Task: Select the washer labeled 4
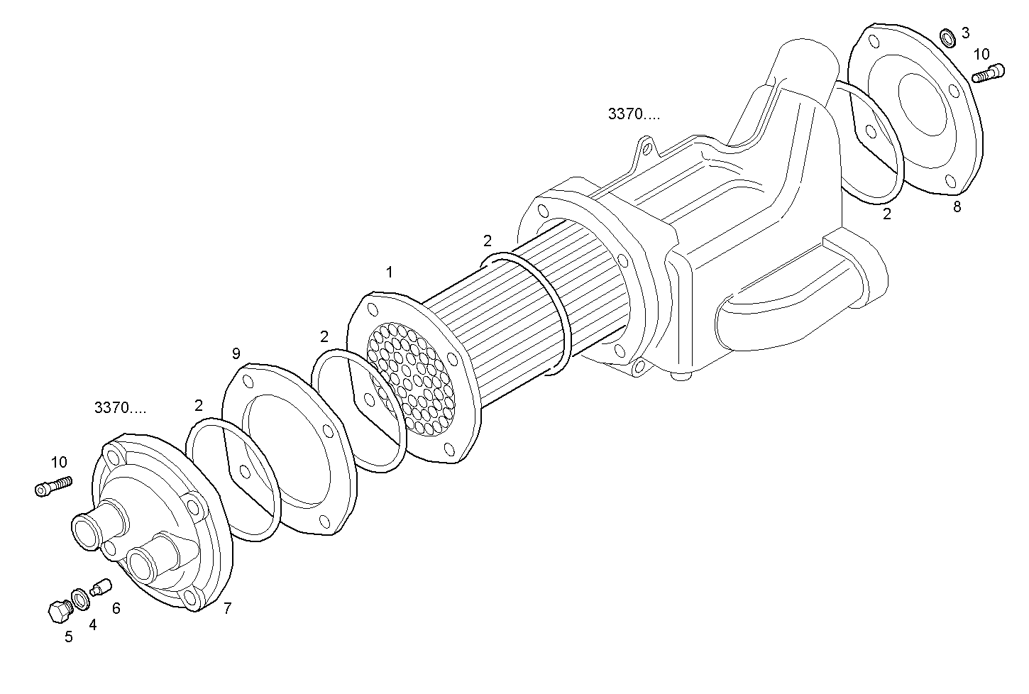click(80, 598)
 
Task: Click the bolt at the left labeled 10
click(53, 486)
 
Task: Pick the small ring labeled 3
click(947, 36)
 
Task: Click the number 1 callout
click(390, 272)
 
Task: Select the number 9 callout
click(236, 353)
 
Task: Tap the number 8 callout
click(957, 207)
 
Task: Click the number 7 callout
click(227, 608)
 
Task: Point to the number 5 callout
click(69, 637)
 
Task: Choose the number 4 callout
click(92, 624)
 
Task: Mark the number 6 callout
click(116, 608)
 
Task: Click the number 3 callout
click(965, 32)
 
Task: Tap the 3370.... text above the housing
click(633, 114)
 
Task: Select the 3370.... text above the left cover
click(120, 408)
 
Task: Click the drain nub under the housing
click(683, 377)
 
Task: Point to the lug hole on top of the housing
click(645, 147)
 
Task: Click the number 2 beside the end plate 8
click(887, 213)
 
